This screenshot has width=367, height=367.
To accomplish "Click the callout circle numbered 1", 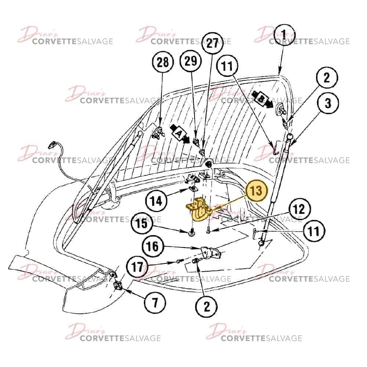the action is [x=284, y=34].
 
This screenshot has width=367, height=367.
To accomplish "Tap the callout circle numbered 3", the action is [x=328, y=103].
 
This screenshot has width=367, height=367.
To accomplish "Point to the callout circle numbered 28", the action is [x=163, y=62].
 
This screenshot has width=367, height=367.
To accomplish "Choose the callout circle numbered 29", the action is [x=191, y=61].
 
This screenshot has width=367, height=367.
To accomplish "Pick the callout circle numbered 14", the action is [x=156, y=201].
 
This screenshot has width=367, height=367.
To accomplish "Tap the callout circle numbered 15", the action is [x=142, y=224].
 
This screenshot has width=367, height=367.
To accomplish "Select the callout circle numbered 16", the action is [x=153, y=246].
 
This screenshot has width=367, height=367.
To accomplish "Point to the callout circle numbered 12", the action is [x=299, y=209].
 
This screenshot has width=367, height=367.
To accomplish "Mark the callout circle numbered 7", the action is [x=155, y=302].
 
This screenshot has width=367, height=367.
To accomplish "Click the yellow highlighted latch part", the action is [x=199, y=209].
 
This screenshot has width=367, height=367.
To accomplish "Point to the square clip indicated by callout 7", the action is [x=117, y=286].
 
